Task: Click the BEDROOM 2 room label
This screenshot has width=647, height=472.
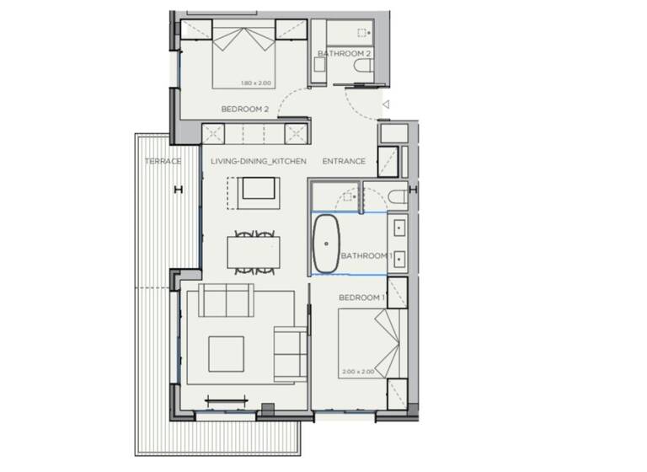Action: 244,109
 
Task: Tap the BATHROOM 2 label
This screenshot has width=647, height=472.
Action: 345,54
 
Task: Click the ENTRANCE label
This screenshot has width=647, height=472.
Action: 344,161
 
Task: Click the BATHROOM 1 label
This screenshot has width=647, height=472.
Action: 366,255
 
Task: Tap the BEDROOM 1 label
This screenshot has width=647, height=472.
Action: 361,298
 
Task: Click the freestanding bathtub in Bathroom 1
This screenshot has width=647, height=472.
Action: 327,244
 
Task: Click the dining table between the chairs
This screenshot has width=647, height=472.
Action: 254,251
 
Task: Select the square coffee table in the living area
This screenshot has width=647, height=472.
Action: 226,354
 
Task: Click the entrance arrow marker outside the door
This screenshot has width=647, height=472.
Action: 385,105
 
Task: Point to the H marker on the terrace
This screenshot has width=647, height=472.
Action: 177,190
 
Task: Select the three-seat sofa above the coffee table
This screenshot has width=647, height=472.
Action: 225,298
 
